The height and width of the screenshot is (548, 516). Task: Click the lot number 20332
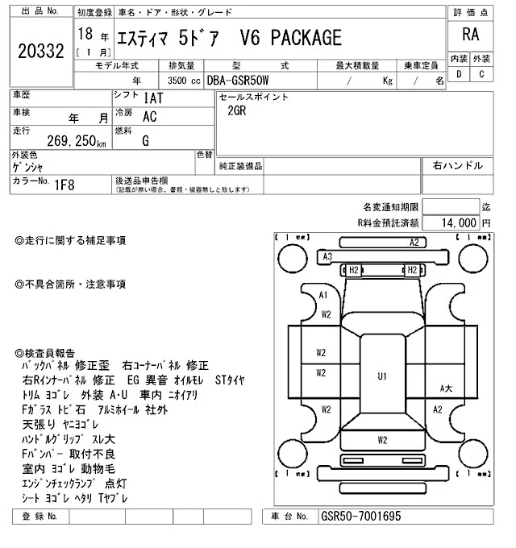40,52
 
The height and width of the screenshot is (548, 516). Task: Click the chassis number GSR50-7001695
360,516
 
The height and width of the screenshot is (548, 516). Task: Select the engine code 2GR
237,112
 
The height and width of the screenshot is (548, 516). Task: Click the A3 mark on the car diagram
327,257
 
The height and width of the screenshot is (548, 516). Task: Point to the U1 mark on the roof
382,376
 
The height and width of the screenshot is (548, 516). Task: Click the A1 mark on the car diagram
323,296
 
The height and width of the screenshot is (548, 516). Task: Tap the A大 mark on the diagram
445,388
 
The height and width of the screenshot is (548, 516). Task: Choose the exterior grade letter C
481,74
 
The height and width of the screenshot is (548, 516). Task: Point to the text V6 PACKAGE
290,38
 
